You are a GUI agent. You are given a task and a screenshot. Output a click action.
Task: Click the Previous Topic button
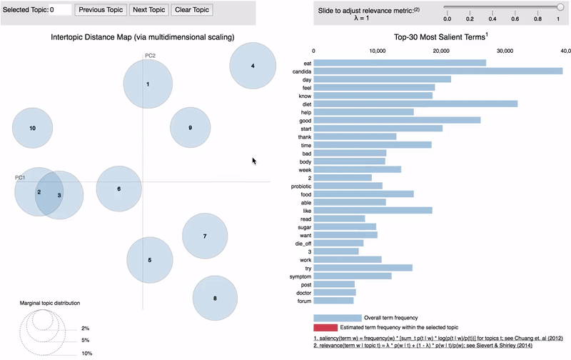(x=101, y=10)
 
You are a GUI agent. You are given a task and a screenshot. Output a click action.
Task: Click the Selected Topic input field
(x=60, y=10)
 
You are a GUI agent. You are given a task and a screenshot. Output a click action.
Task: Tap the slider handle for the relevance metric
(x=560, y=6)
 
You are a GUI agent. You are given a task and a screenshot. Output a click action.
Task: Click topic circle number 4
(x=253, y=66)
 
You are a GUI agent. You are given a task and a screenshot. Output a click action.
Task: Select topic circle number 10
(x=32, y=129)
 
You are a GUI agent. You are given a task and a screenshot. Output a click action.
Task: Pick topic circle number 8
(x=215, y=298)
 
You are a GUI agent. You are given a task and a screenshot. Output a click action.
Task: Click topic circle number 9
(x=190, y=128)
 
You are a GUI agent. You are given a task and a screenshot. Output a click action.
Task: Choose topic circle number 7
(x=205, y=236)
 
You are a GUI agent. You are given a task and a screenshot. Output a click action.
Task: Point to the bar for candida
(x=438, y=71)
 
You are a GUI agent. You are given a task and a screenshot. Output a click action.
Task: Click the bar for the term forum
(x=334, y=301)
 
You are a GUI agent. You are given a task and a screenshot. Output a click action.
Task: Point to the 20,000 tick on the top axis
(x=442, y=51)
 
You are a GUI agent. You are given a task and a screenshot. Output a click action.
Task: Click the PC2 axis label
(x=150, y=55)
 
